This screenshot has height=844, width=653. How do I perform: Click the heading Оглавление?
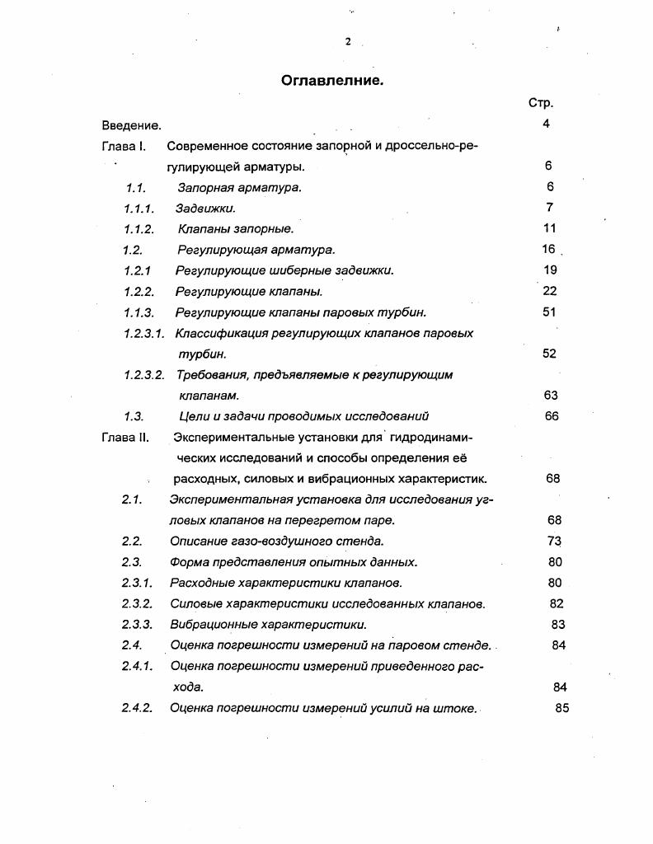[332, 81]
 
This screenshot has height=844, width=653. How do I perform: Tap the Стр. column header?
[540, 103]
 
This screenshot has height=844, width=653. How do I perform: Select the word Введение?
[131, 125]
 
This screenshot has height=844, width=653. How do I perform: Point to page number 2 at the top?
[348, 42]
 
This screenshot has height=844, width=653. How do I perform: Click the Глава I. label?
[124, 146]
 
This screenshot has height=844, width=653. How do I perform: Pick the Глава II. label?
[125, 437]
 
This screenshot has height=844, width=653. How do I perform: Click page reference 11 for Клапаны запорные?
[550, 228]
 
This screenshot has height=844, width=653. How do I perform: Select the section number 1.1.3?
[139, 312]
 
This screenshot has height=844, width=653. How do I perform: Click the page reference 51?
[550, 312]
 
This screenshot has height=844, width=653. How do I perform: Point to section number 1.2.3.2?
[144, 375]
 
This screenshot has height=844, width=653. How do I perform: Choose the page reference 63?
[551, 395]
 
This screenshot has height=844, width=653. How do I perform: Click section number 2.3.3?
[137, 625]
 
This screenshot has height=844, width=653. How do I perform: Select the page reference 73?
[554, 541]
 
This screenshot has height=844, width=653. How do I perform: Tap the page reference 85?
[562, 707]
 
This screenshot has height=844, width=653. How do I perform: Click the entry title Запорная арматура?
[239, 187]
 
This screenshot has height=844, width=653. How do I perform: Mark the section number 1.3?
[134, 416]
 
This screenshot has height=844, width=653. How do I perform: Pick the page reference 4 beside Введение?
[546, 124]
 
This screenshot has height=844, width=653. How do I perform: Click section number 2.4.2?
[137, 708]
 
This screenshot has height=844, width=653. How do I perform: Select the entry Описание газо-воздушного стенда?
[277, 542]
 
